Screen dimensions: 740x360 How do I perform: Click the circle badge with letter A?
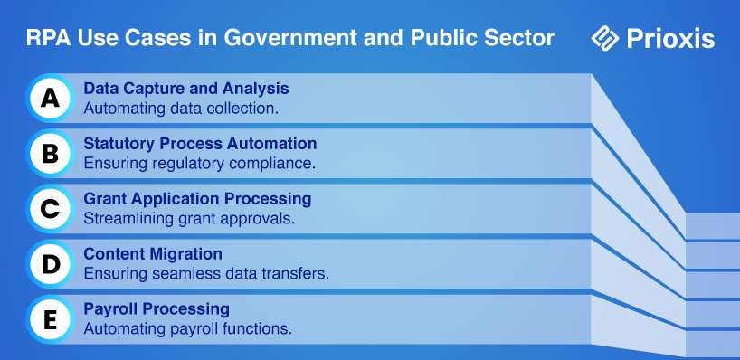tap(50, 98)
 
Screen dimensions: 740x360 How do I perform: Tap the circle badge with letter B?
tap(50, 154)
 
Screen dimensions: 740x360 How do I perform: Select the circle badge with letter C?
tap(50, 209)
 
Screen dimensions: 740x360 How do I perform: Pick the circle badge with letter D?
tap(50, 264)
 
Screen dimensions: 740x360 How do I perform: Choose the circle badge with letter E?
tap(50, 319)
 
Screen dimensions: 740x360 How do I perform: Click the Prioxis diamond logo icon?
tap(605, 38)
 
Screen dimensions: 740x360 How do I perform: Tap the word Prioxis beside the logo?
tap(670, 39)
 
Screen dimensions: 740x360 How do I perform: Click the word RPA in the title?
tap(48, 38)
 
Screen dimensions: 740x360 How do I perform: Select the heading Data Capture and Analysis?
tap(186, 89)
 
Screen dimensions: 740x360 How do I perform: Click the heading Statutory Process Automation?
tap(200, 144)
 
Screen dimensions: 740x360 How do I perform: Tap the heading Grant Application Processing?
tap(197, 199)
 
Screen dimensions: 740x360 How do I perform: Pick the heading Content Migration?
tap(153, 254)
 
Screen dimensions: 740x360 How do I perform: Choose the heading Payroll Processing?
tap(157, 309)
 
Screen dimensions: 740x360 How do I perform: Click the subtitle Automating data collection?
tap(181, 109)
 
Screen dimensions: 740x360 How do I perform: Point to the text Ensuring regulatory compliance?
tap(200, 164)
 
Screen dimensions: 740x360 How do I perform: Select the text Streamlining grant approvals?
tap(189, 219)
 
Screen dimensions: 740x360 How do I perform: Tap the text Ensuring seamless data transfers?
tap(206, 274)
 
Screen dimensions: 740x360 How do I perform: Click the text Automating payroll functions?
tap(188, 329)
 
